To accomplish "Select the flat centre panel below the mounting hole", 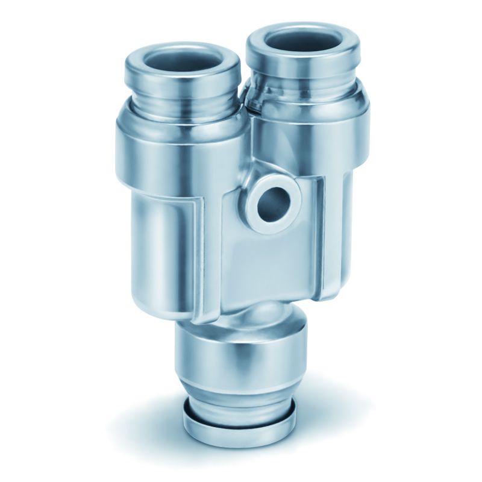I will click(x=265, y=265).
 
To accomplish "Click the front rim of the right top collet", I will click(x=304, y=65).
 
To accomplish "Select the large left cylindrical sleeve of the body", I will click(x=163, y=241).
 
